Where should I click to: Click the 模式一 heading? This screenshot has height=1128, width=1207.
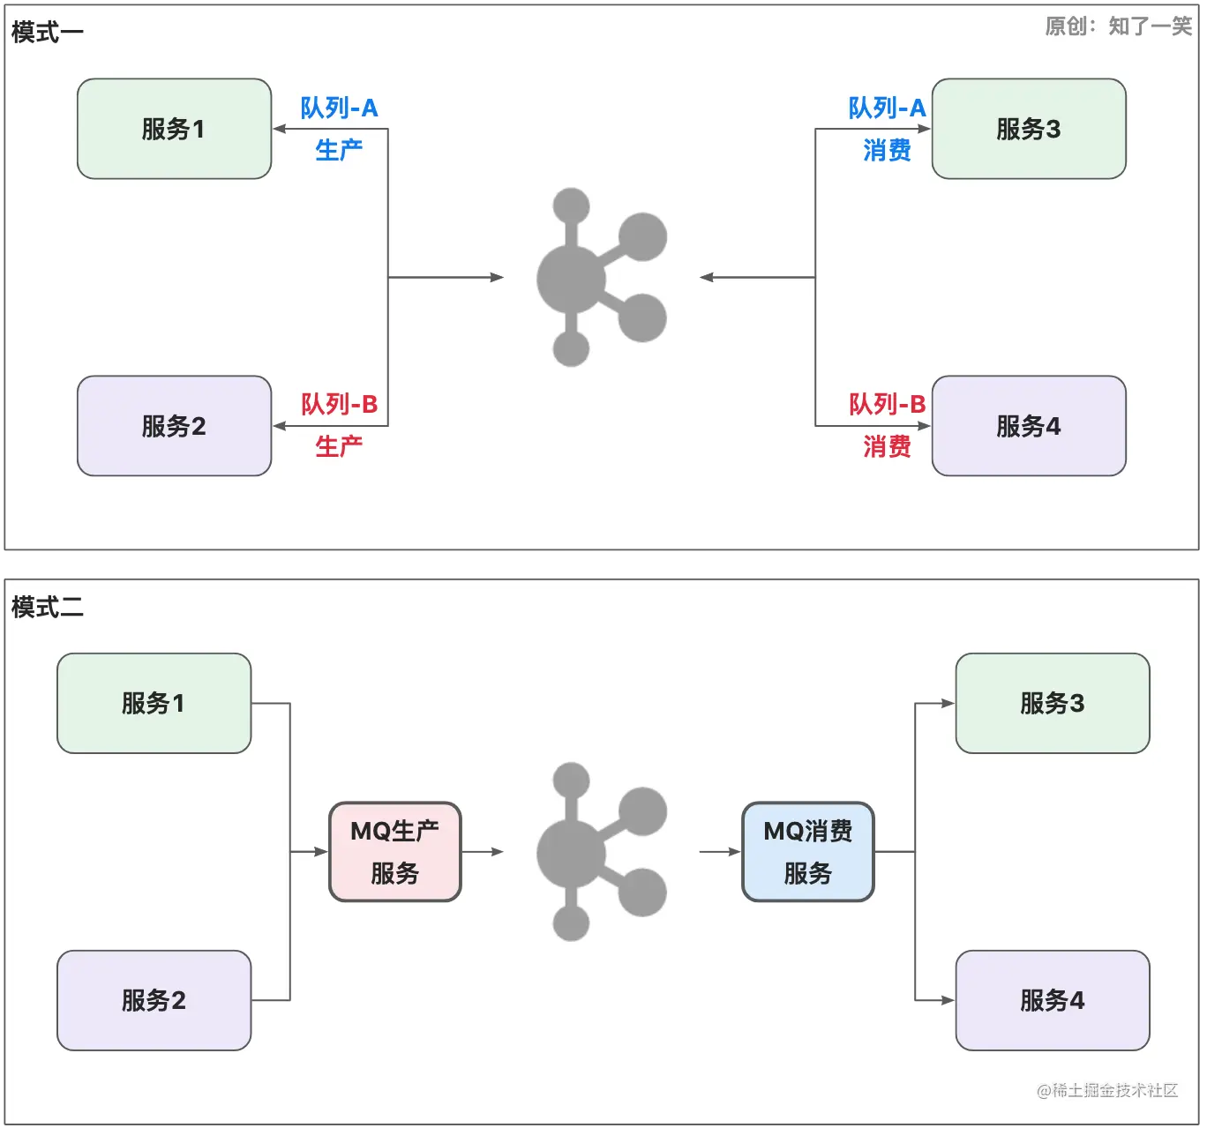47,33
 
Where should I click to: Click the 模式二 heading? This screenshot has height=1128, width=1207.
47,607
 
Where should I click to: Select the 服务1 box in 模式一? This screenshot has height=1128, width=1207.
174,129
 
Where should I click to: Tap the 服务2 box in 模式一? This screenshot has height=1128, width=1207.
174,426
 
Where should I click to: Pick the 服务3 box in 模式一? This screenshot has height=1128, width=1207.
1029,129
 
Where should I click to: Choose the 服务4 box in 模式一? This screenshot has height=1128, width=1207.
1029,426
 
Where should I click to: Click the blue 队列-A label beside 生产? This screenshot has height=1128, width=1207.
339,108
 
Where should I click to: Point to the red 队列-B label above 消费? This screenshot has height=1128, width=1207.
887,405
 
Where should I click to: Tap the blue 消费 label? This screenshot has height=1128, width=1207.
887,151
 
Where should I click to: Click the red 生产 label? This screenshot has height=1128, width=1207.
339,447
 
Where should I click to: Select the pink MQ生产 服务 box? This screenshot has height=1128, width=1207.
395,852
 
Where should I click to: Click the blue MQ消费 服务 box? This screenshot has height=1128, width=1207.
808,852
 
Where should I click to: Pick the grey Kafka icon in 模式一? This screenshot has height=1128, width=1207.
600,277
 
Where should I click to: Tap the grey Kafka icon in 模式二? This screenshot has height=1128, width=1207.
600,852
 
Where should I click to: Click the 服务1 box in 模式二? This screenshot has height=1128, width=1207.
154,703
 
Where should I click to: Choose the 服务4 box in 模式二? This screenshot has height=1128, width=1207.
1053,1000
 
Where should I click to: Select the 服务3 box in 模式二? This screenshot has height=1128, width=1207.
1053,703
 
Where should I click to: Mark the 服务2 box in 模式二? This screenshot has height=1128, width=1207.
154,1000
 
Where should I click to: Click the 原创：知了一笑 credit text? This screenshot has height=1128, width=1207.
1118,26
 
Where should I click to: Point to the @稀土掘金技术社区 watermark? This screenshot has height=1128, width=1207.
1107,1091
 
